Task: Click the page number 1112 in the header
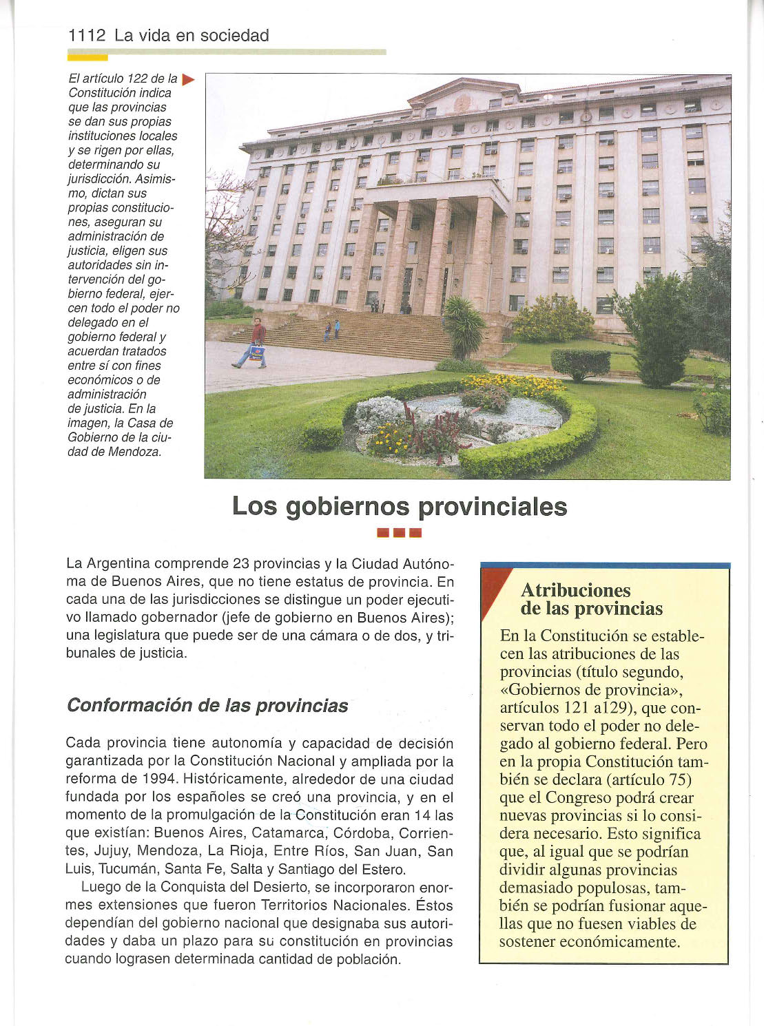(x=87, y=36)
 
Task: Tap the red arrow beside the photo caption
(x=188, y=80)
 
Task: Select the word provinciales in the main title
(x=493, y=507)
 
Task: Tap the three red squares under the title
(x=399, y=532)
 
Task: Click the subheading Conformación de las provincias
(x=207, y=706)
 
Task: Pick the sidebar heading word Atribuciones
(x=575, y=590)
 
